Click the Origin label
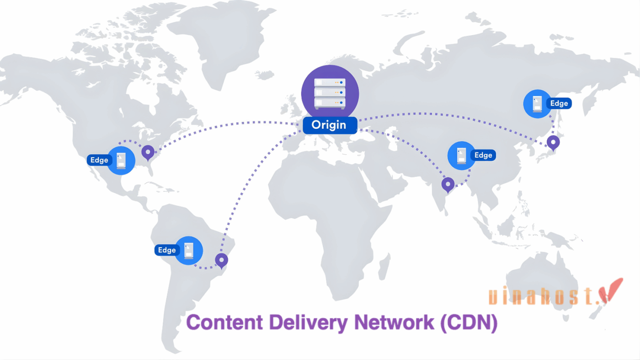coord(329,125)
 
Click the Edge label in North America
coord(99,160)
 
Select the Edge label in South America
coord(166,250)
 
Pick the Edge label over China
coord(483,155)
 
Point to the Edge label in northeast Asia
coord(559,104)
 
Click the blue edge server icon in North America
coord(121,160)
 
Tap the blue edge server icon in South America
coord(189,250)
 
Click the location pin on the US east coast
coord(148,152)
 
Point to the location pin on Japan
coord(554,143)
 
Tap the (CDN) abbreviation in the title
coord(469,323)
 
